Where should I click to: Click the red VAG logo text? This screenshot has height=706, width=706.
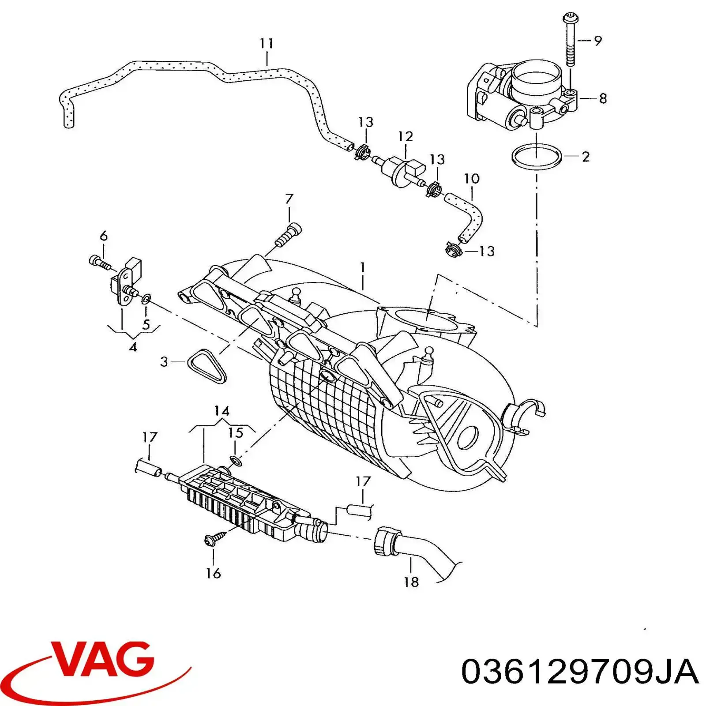click(104, 661)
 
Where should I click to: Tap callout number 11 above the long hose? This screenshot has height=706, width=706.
click(267, 43)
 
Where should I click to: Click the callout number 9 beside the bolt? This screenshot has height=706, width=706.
click(598, 41)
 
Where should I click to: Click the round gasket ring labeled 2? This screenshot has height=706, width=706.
click(537, 156)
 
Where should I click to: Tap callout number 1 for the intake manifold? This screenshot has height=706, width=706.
click(363, 268)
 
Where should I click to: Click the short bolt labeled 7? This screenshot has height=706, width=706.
click(288, 235)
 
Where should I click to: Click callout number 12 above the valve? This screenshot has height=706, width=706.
click(405, 136)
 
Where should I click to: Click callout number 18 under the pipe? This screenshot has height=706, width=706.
click(411, 582)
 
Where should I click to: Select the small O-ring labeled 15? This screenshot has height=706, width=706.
click(236, 461)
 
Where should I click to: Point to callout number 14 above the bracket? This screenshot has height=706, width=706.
click(222, 411)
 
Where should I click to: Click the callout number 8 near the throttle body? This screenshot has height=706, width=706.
click(603, 98)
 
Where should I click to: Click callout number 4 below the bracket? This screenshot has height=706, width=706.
click(133, 347)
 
